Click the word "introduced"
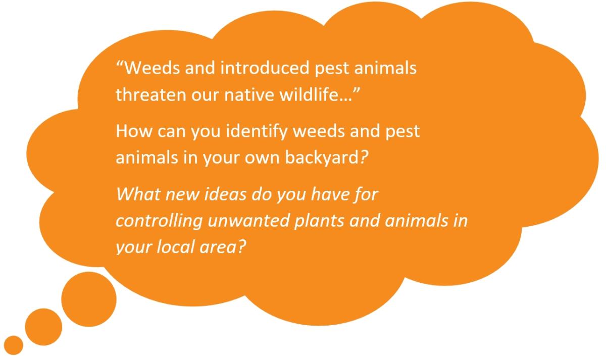pos(265,68)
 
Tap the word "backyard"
pos(322,158)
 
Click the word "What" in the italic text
pos(138,194)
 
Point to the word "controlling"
pos(159,221)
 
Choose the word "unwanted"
pos(248,221)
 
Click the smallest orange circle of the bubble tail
pos(14,345)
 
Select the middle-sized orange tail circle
pos(43,327)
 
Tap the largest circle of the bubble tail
pos(89,299)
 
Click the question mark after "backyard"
pos(364,158)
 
